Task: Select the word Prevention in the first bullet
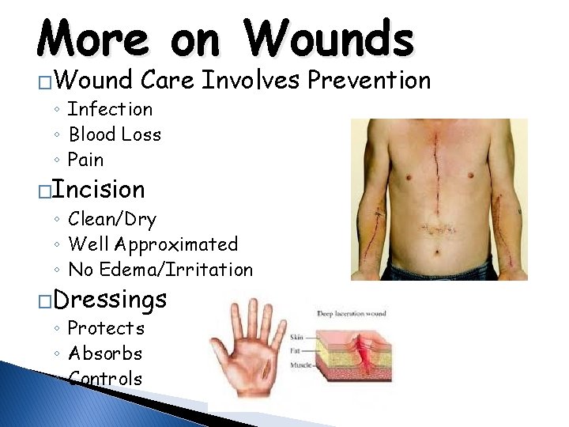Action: pos(369,80)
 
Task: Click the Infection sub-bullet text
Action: pos(110,109)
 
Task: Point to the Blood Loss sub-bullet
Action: pos(115,134)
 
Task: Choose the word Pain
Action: pos(85,160)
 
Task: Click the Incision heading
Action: pos(107,190)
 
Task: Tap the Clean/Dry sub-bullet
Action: pos(112,219)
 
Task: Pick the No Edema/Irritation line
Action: pos(160,270)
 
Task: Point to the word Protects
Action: pos(107,328)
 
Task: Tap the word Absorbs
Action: pos(106,353)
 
